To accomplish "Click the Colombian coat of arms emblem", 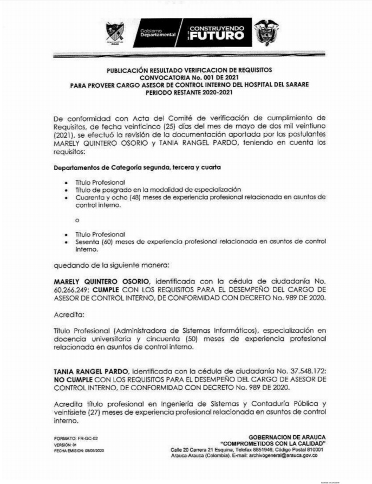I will click(x=266, y=32).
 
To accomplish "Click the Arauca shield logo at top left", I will click(x=115, y=33).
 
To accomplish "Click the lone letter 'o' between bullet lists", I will click(x=77, y=221).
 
